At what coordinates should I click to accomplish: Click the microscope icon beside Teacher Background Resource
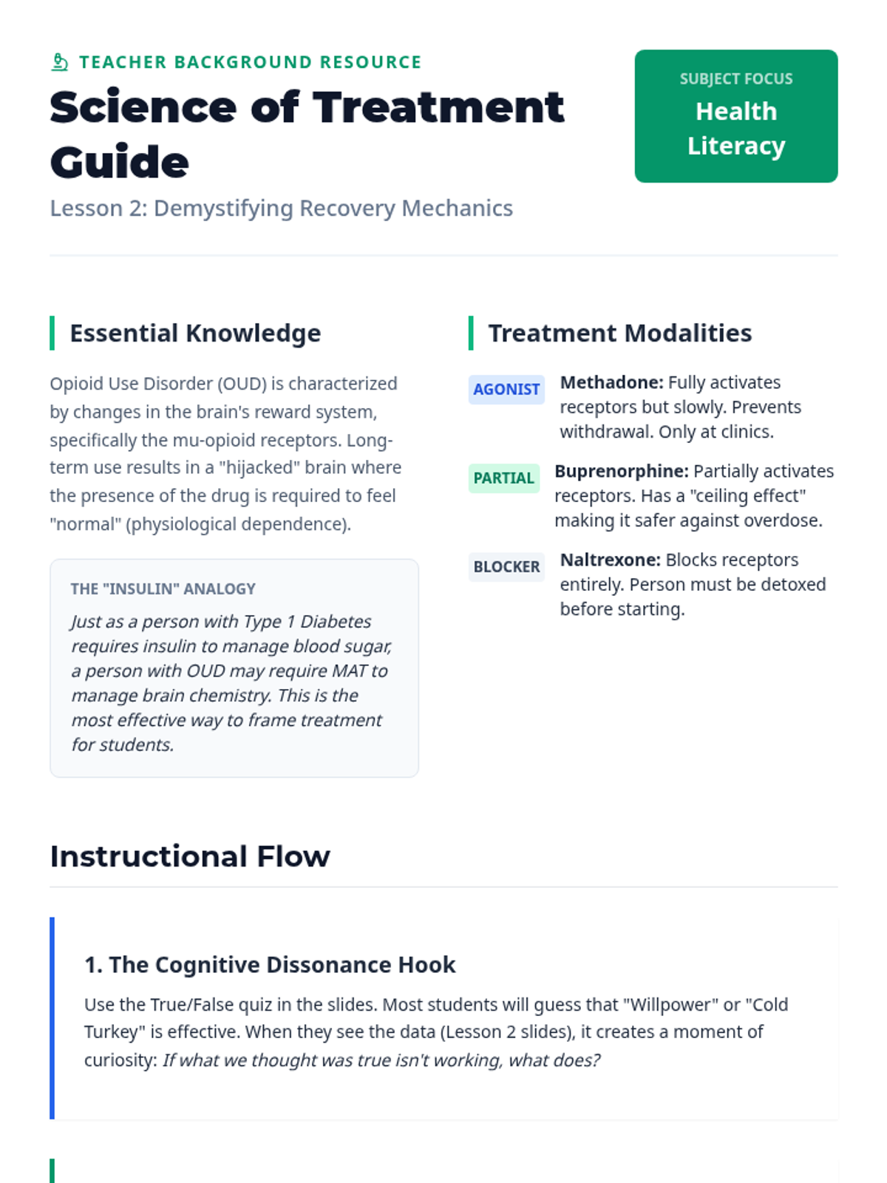60,62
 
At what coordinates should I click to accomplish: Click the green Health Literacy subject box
735,116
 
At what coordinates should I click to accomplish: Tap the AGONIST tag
506,390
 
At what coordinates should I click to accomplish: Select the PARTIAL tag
503,478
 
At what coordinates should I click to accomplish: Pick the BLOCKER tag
506,567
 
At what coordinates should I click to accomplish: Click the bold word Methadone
611,383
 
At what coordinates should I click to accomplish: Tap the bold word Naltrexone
610,560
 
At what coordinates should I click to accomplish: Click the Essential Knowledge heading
195,333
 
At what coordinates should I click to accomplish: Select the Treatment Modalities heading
619,333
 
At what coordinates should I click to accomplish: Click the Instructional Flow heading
190,856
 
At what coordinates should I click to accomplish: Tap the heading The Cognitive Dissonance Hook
270,965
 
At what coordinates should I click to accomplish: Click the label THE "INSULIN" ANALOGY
163,589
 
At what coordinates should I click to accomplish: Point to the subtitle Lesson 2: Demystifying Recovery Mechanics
281,209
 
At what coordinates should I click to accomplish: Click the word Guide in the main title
120,162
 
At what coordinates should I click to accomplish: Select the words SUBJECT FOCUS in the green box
735,79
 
